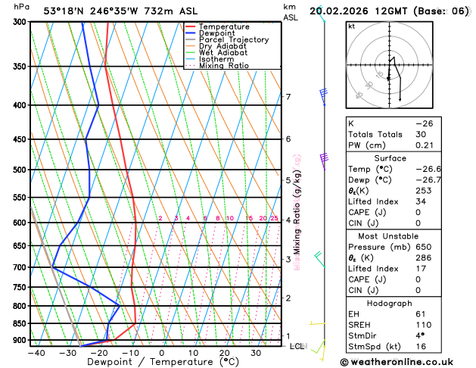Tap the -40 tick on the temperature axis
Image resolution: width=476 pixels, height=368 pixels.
click(x=36, y=353)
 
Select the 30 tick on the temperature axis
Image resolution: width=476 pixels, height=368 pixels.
click(x=257, y=353)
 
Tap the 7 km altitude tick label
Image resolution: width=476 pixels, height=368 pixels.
click(x=288, y=97)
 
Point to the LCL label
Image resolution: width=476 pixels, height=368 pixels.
click(x=297, y=346)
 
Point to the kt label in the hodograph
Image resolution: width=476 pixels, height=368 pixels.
click(x=352, y=26)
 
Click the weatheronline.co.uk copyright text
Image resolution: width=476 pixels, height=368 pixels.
click(x=406, y=361)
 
